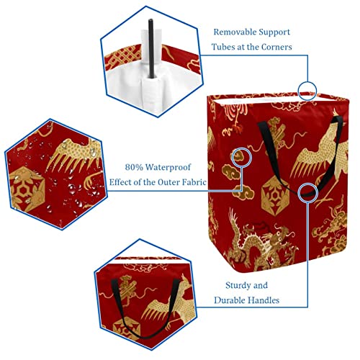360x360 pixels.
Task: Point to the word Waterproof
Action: point(168,167)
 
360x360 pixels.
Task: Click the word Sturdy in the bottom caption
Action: point(236,286)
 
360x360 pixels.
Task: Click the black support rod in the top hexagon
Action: point(151,48)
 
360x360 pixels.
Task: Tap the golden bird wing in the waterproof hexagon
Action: point(72,156)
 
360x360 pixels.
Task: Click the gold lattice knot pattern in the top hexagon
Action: point(123,58)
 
